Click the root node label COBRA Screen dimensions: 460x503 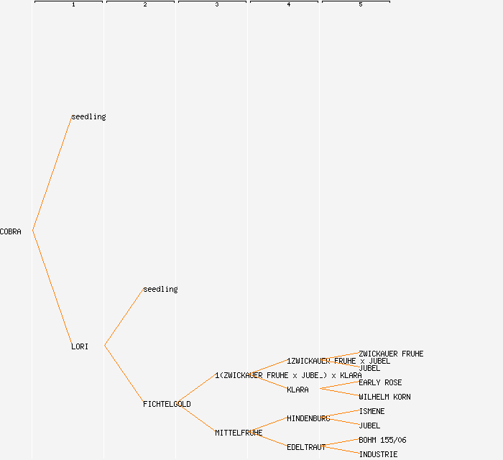pyautogui.click(x=11, y=231)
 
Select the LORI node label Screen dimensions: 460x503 pyautogui.click(x=80, y=346)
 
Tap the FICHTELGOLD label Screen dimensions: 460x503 pyautogui.click(x=167, y=404)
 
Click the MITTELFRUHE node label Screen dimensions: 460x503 pyautogui.click(x=239, y=433)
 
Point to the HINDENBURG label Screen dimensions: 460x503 pyautogui.click(x=308, y=418)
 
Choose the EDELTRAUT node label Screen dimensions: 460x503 pyautogui.click(x=306, y=447)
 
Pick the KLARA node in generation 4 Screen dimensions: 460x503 pyautogui.click(x=297, y=390)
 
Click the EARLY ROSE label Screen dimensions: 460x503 pyautogui.click(x=380, y=382)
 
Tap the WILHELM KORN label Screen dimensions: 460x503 pyautogui.click(x=384, y=397)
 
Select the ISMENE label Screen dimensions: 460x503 pyautogui.click(x=372, y=411)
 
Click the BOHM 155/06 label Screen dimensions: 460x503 pyautogui.click(x=382, y=440)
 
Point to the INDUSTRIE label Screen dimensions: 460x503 pyautogui.click(x=378, y=454)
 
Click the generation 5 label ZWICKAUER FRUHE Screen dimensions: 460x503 pyautogui.click(x=391, y=354)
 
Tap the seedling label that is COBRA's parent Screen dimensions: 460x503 pyautogui.click(x=88, y=116)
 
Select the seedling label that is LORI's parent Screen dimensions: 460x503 pyautogui.click(x=160, y=289)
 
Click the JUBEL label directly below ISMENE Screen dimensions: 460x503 pyautogui.click(x=369, y=425)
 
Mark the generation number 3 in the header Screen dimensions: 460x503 pyautogui.click(x=216, y=5)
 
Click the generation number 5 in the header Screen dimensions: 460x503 pyautogui.click(x=360, y=5)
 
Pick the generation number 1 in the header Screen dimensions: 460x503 pyautogui.click(x=73, y=5)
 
